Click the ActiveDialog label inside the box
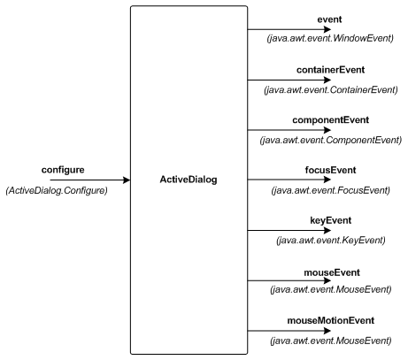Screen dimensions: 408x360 189,180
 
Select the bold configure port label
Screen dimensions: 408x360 63,170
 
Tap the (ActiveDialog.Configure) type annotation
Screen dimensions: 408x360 57,190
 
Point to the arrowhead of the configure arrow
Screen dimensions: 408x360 127,180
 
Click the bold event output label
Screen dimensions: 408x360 329,19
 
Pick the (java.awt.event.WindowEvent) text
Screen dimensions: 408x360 330,38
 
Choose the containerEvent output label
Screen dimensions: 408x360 330,70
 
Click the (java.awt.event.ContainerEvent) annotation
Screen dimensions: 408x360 331,89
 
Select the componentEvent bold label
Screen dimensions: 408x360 330,120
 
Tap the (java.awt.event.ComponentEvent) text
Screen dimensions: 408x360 331,140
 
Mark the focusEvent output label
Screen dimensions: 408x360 330,170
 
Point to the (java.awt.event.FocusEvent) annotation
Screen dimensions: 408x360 331,190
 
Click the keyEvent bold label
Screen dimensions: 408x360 330,220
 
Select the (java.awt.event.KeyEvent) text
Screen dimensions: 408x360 331,241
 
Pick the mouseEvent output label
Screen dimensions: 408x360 332,272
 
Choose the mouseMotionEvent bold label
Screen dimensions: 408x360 330,320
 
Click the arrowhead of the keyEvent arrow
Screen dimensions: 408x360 327,230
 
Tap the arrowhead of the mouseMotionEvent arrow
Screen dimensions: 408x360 327,331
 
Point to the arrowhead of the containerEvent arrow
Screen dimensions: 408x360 327,80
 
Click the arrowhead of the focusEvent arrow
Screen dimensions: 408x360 327,180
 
